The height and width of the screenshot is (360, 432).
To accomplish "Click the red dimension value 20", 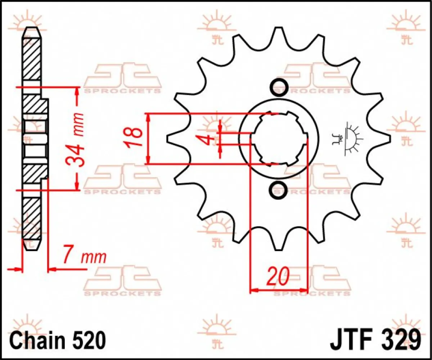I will [x=278, y=276].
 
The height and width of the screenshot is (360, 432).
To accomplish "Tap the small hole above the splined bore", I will [x=279, y=87].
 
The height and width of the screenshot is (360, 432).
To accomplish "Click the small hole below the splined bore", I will [x=279, y=188].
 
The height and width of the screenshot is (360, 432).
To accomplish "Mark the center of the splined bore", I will [x=279, y=138].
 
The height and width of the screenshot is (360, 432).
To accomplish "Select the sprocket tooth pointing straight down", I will [x=278, y=241].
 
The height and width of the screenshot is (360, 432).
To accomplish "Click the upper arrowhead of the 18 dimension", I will [x=148, y=117].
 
